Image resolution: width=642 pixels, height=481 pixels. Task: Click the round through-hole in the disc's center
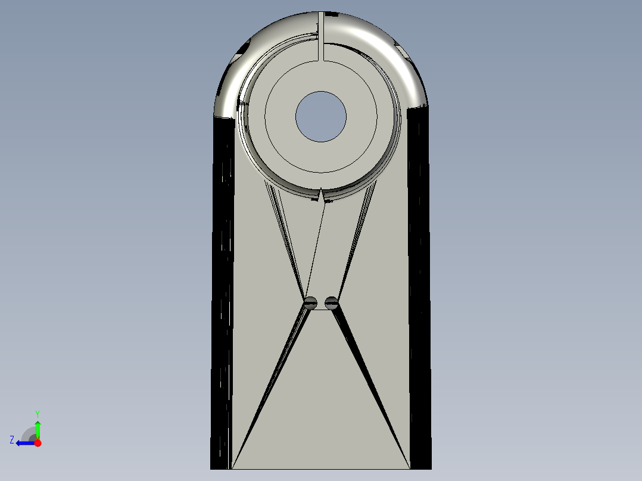tap(320, 116)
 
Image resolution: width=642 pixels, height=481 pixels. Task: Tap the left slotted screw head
tap(310, 303)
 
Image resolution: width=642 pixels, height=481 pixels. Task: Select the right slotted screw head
tap(332, 303)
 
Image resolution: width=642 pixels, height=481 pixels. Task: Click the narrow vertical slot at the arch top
tap(321, 36)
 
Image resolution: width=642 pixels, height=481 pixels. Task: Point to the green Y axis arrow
tap(38, 429)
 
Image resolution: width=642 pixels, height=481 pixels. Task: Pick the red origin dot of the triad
tap(38, 443)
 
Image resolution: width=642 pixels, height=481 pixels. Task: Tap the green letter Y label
tap(37, 413)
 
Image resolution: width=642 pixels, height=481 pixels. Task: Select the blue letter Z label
tap(12, 440)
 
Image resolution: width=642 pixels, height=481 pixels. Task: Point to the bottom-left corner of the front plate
tap(232, 468)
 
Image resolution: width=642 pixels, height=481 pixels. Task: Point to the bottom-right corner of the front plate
tap(410, 468)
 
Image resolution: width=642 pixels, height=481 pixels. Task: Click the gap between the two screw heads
tap(321, 304)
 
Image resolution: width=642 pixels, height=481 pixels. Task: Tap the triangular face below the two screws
tap(321, 405)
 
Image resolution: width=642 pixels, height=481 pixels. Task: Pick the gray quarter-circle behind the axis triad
tap(29, 435)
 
